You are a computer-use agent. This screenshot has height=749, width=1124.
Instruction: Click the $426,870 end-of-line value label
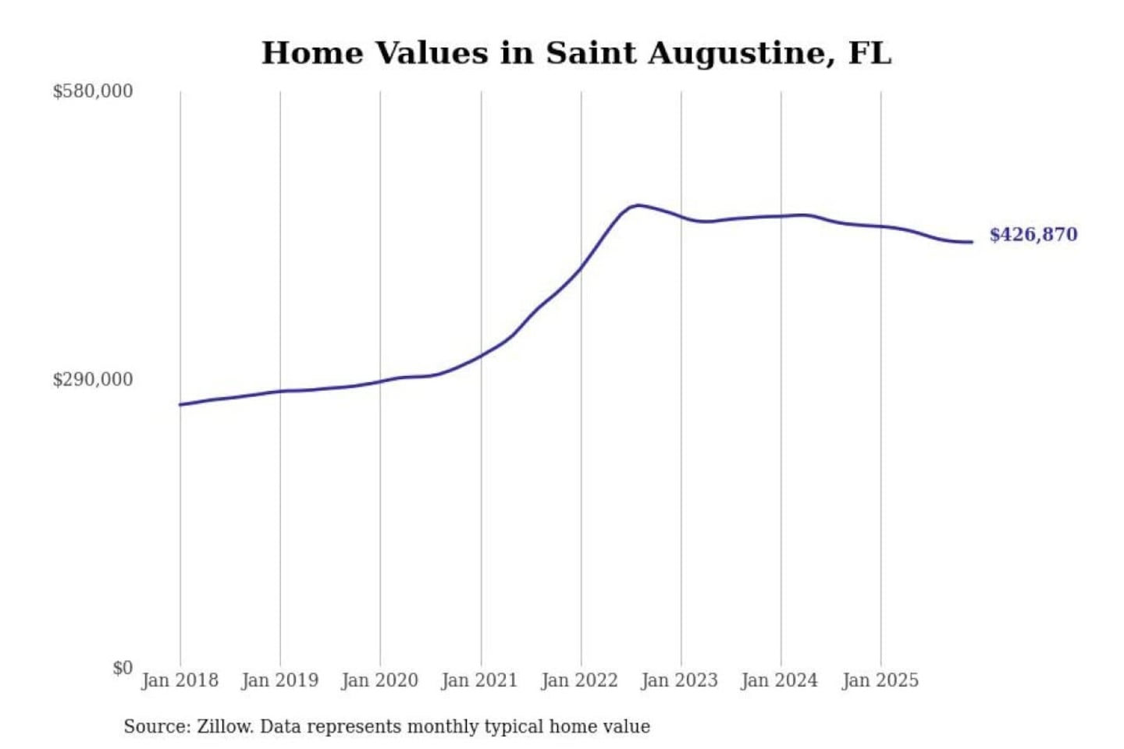click(x=1033, y=234)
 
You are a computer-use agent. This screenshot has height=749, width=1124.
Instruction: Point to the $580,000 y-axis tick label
click(x=92, y=91)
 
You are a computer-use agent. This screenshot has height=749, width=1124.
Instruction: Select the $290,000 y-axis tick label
click(x=92, y=379)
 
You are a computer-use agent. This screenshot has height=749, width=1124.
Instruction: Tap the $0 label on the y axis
click(x=123, y=668)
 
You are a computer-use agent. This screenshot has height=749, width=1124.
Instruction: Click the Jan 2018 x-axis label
click(x=180, y=680)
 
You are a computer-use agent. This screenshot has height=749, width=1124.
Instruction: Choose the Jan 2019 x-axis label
click(x=279, y=680)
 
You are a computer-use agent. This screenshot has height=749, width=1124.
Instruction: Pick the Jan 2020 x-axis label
click(x=379, y=680)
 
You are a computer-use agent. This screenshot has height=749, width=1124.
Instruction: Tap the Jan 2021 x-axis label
click(x=479, y=680)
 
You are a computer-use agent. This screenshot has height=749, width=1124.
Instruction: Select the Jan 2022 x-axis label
click(x=579, y=680)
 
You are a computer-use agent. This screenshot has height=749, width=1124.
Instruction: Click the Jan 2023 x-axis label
click(x=679, y=680)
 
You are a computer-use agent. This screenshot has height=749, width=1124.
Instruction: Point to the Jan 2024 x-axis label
click(x=779, y=680)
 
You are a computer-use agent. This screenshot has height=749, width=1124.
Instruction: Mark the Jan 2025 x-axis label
click(x=880, y=680)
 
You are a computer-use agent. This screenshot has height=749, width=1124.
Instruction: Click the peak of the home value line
click(x=638, y=205)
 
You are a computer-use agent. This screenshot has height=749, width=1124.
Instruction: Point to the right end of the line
click(x=972, y=242)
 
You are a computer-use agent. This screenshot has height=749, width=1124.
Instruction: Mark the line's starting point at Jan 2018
click(x=180, y=404)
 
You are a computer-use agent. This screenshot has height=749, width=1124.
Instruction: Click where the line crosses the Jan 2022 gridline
click(x=581, y=268)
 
